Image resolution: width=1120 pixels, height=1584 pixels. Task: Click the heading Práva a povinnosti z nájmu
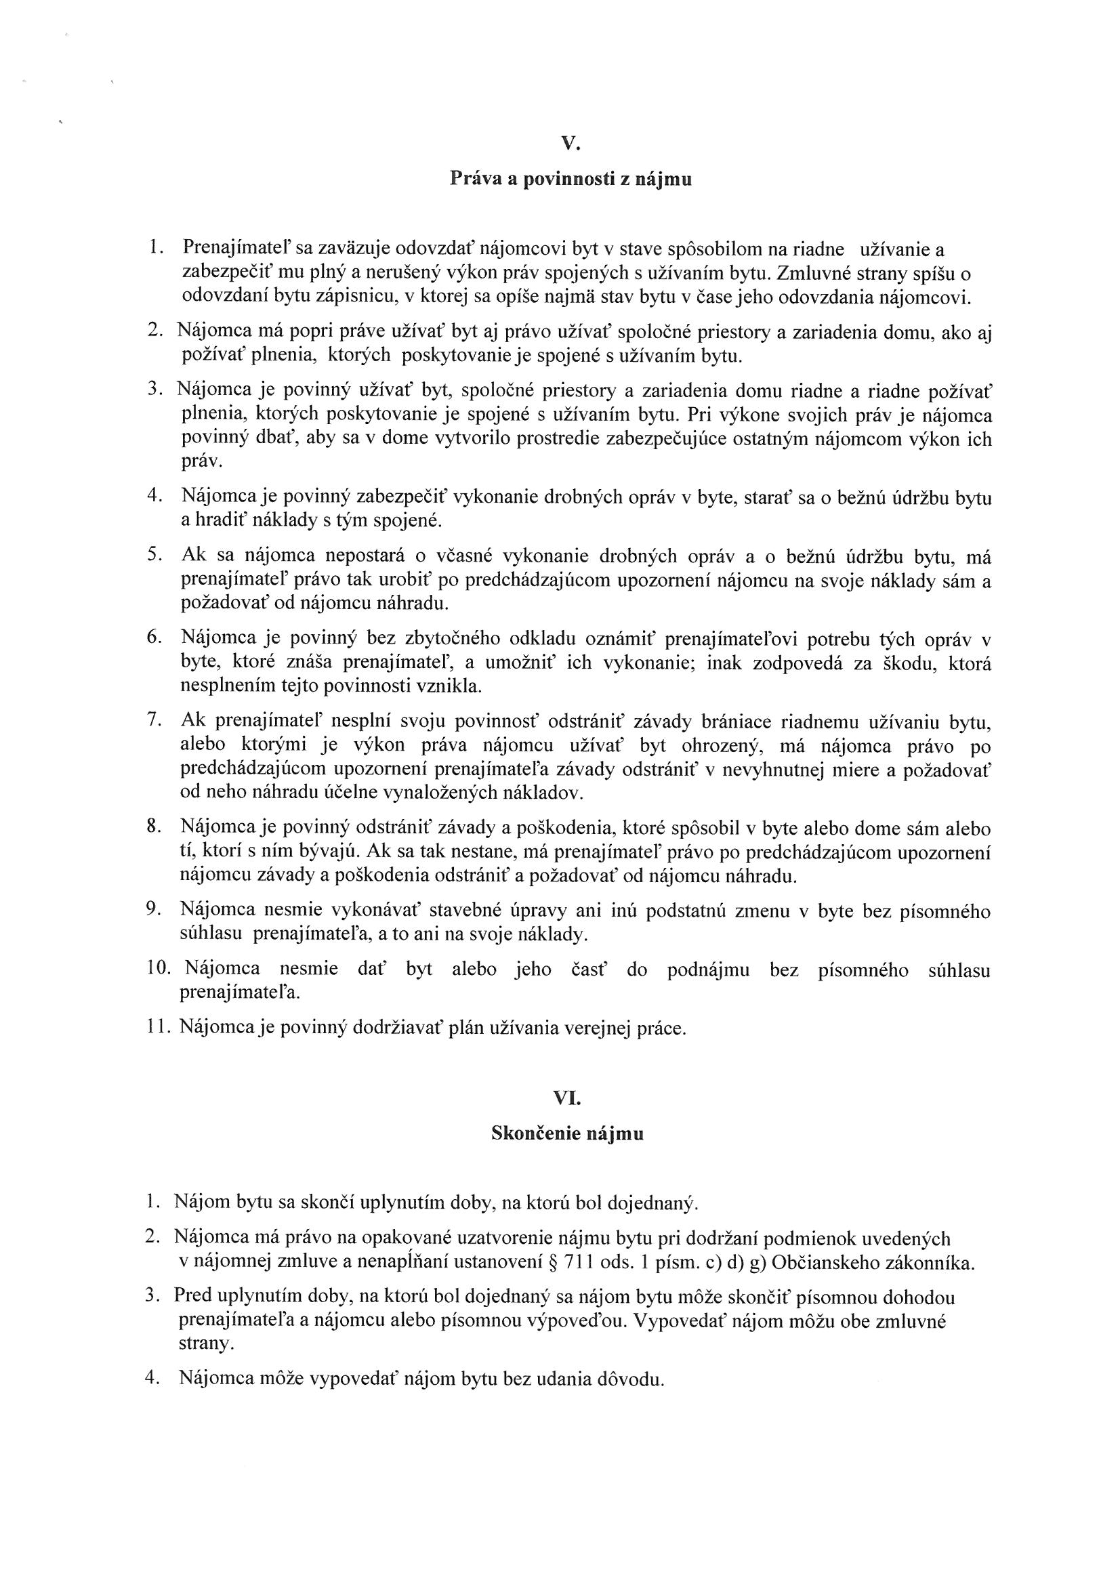571,180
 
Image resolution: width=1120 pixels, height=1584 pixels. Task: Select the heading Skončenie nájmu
567,1133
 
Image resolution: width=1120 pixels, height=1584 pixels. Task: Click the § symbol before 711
552,1262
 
